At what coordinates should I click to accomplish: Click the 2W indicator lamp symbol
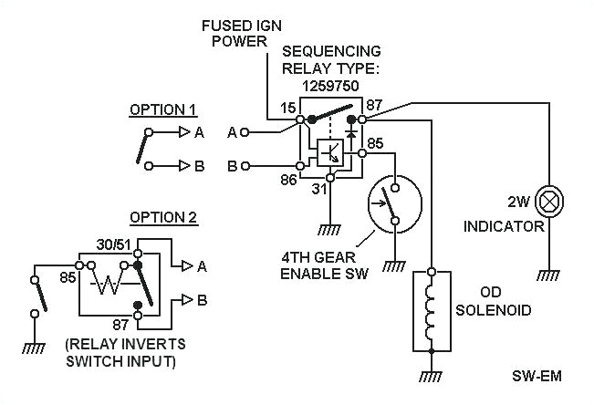548,200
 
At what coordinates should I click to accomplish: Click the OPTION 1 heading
163,109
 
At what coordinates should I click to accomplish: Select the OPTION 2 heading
163,217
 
